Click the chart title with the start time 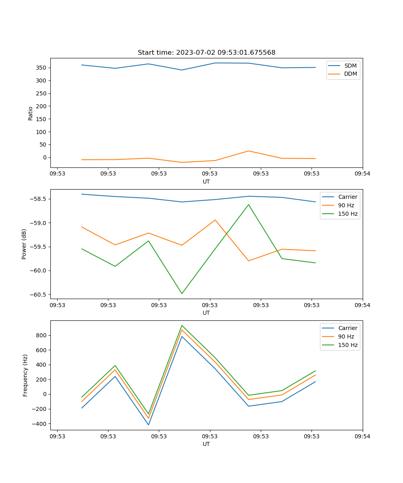[206, 53]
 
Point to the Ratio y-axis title [31, 113]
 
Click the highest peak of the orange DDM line [249, 151]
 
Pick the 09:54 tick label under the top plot [362, 174]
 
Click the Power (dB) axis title [24, 244]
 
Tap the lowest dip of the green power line [182, 293]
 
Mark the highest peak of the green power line [249, 204]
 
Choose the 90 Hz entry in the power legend [346, 205]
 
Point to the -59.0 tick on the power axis [38, 223]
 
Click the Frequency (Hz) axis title [25, 375]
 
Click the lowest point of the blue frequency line [148, 425]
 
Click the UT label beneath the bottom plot [206, 444]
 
